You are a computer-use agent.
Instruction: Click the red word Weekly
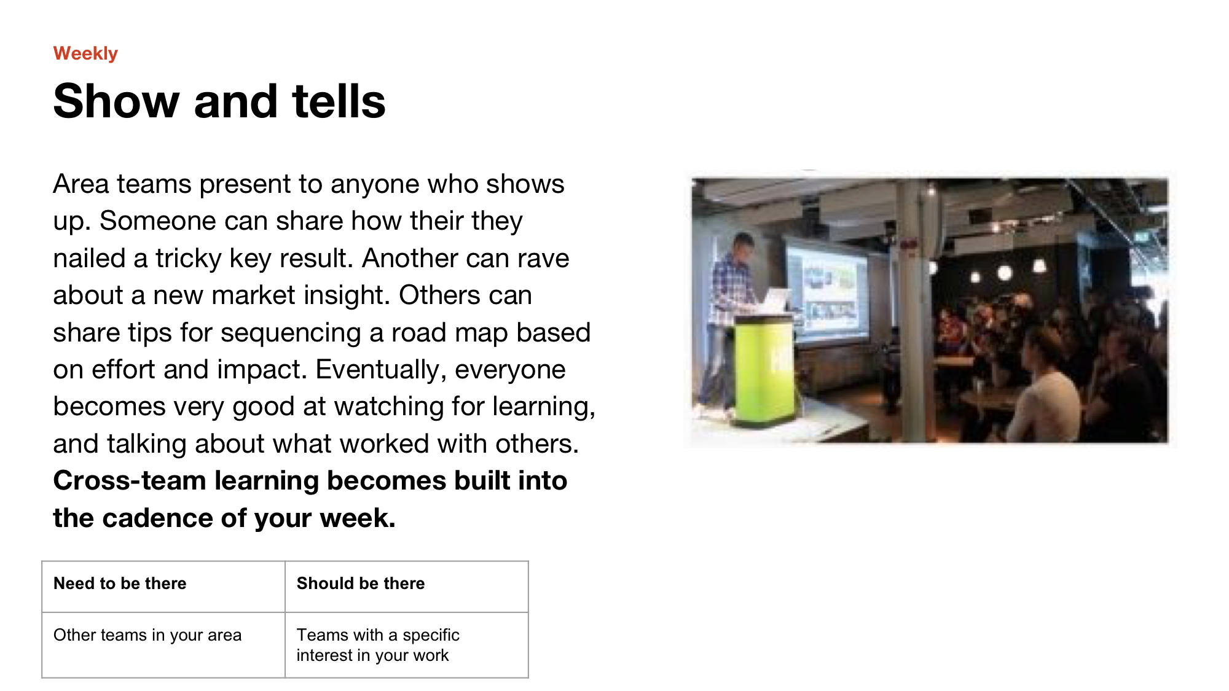(x=85, y=54)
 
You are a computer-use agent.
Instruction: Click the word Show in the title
(x=116, y=101)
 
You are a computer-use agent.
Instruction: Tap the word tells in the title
(x=339, y=101)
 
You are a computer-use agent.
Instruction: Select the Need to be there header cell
(x=163, y=587)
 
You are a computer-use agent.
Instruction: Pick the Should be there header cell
(x=407, y=587)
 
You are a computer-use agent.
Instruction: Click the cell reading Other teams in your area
(x=163, y=645)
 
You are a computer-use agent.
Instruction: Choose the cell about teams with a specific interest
(x=407, y=645)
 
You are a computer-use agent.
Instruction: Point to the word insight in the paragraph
(x=348, y=296)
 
